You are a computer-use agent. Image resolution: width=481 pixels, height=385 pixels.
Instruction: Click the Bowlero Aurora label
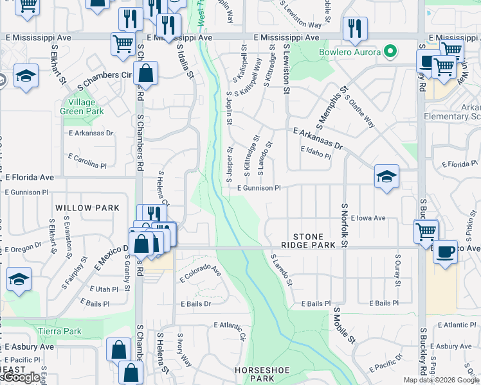pos(348,51)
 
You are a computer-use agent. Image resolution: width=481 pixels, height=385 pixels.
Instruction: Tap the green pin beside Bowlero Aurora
pos(388,51)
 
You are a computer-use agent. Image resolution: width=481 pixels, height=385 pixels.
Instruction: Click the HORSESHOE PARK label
pos(264,375)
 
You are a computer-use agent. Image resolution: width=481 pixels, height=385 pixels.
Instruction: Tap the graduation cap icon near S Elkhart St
pos(26,76)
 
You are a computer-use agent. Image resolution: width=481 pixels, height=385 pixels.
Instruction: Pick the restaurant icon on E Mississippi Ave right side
pos(354,28)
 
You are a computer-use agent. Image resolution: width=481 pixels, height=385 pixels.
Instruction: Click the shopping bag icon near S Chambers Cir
pos(147,73)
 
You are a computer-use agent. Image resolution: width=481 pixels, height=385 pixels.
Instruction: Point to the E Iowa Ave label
pos(368,218)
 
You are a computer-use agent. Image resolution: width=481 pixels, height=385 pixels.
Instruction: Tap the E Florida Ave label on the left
pos(30,176)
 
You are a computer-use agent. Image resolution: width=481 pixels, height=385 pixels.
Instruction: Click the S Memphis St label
pos(331,107)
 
